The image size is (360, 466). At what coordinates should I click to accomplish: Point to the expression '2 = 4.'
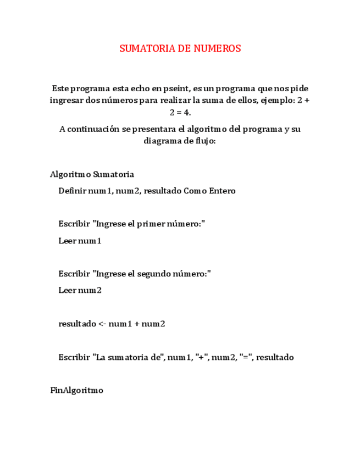click(x=180, y=113)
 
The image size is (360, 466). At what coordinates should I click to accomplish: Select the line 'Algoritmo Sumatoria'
click(x=92, y=175)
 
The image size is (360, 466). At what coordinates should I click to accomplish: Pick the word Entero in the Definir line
click(x=221, y=191)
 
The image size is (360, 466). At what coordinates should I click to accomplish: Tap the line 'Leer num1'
click(x=80, y=241)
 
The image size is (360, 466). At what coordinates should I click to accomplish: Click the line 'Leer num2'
click(x=80, y=291)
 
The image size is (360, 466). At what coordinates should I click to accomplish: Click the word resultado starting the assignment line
click(x=77, y=324)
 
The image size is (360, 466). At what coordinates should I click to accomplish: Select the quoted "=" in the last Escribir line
click(x=244, y=357)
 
